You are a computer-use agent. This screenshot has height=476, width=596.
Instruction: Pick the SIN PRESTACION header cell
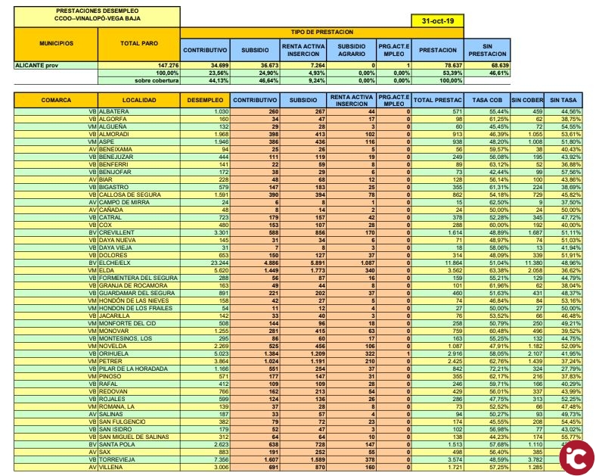pyautogui.click(x=482, y=50)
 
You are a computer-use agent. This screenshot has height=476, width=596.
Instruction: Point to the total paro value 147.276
pyautogui.click(x=163, y=66)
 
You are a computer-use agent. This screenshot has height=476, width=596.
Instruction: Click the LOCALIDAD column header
pyautogui.click(x=139, y=100)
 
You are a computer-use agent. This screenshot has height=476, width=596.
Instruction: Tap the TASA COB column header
pyautogui.click(x=486, y=100)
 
